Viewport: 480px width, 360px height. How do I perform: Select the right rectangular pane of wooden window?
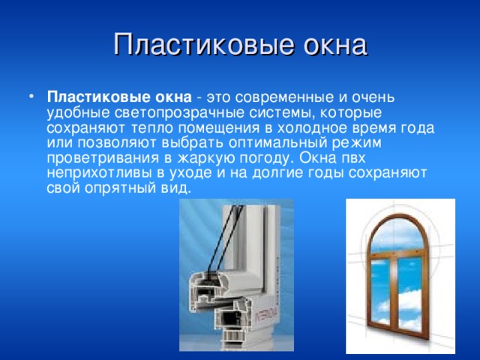coord(416,292)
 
